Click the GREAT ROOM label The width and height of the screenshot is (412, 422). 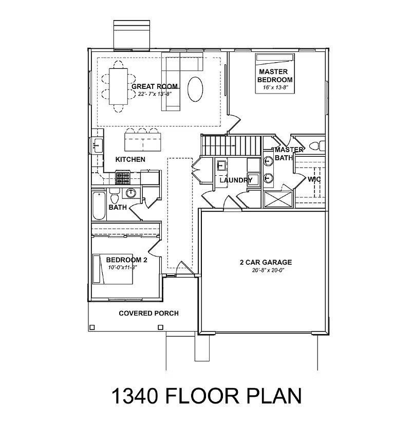click(155, 86)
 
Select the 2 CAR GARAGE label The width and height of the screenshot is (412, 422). click(266, 262)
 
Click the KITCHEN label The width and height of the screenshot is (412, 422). click(130, 160)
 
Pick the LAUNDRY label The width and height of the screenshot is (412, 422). click(235, 180)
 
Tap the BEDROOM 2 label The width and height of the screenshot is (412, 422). click(127, 261)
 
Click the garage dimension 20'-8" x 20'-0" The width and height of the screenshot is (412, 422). click(266, 270)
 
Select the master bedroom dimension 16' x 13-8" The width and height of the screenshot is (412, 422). click(275, 88)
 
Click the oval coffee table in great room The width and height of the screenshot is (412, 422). click(195, 89)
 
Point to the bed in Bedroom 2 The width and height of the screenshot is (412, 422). click(113, 269)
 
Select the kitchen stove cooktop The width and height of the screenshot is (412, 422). click(122, 178)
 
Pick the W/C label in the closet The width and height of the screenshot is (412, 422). click(314, 180)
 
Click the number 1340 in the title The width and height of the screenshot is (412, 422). click(137, 397)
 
